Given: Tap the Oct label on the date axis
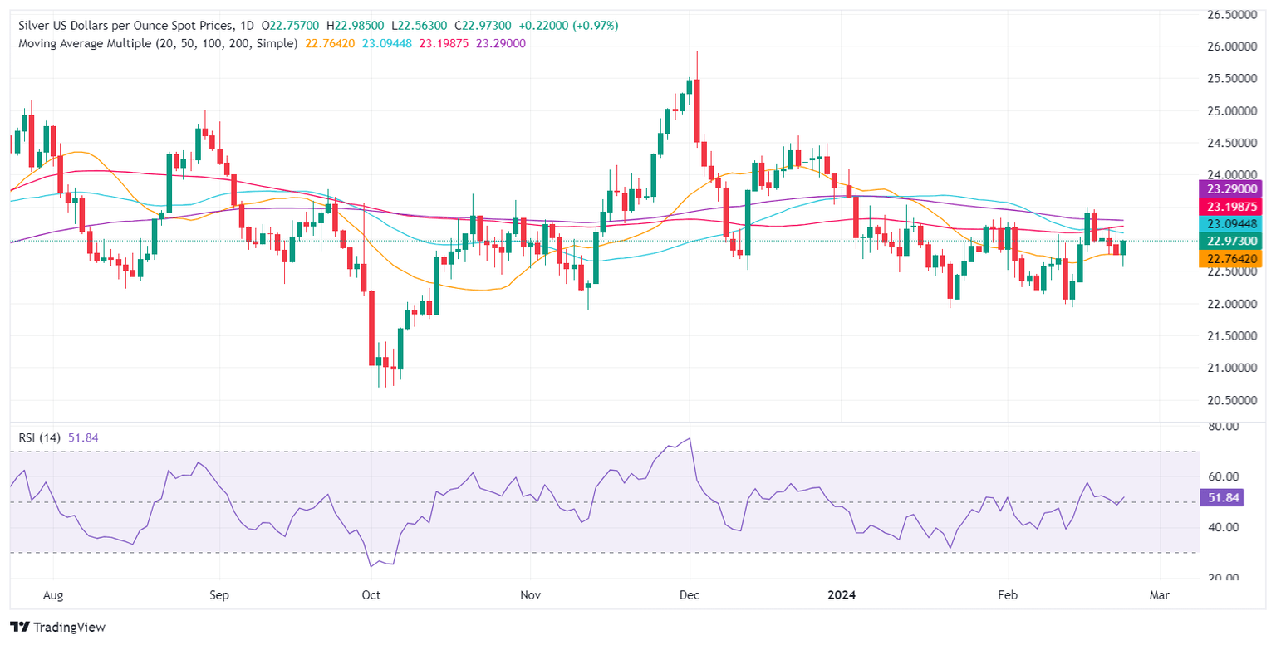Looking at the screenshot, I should pyautogui.click(x=371, y=595).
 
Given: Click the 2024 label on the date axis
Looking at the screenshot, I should pyautogui.click(x=842, y=595).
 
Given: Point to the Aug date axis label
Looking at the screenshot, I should pyautogui.click(x=52, y=595).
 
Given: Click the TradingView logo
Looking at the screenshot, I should pyautogui.click(x=57, y=628).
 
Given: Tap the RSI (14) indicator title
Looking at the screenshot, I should pyautogui.click(x=43, y=437).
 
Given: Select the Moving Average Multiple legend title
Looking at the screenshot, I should pyautogui.click(x=158, y=43).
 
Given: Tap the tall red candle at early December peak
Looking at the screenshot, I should pyautogui.click(x=696, y=110).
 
